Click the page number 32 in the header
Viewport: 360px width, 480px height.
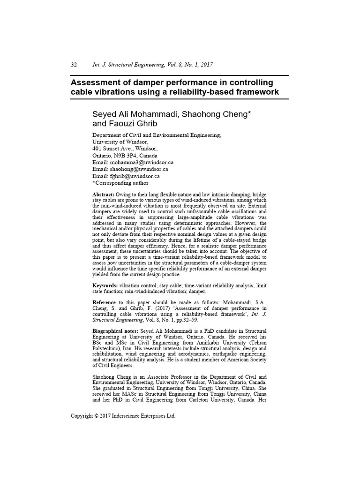pos(74,65)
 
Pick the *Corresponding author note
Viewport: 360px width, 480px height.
pos(120,183)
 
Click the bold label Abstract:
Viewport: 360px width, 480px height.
pos(103,194)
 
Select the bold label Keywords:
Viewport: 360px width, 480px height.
pos(105,285)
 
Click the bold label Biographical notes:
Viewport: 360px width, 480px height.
pos(115,331)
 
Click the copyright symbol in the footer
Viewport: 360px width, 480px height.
pos(97,416)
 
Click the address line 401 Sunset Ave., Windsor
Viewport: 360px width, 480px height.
pos(121,149)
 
